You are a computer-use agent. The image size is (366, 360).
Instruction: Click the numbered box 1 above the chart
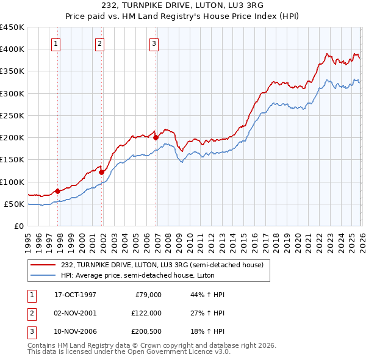coord(56,43)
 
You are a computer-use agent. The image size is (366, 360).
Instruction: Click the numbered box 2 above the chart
coord(99,43)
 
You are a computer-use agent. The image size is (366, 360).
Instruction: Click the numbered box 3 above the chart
coord(154,43)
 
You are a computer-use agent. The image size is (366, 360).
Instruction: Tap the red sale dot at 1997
coord(58,191)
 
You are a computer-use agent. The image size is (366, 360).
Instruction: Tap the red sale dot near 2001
coord(101,172)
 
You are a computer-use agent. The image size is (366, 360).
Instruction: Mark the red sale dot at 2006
coord(156,137)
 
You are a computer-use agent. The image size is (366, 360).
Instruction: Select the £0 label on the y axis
coord(18,226)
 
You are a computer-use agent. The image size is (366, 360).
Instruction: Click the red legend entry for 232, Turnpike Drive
coord(161,265)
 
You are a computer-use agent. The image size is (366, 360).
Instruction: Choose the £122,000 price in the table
coord(146,312)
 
